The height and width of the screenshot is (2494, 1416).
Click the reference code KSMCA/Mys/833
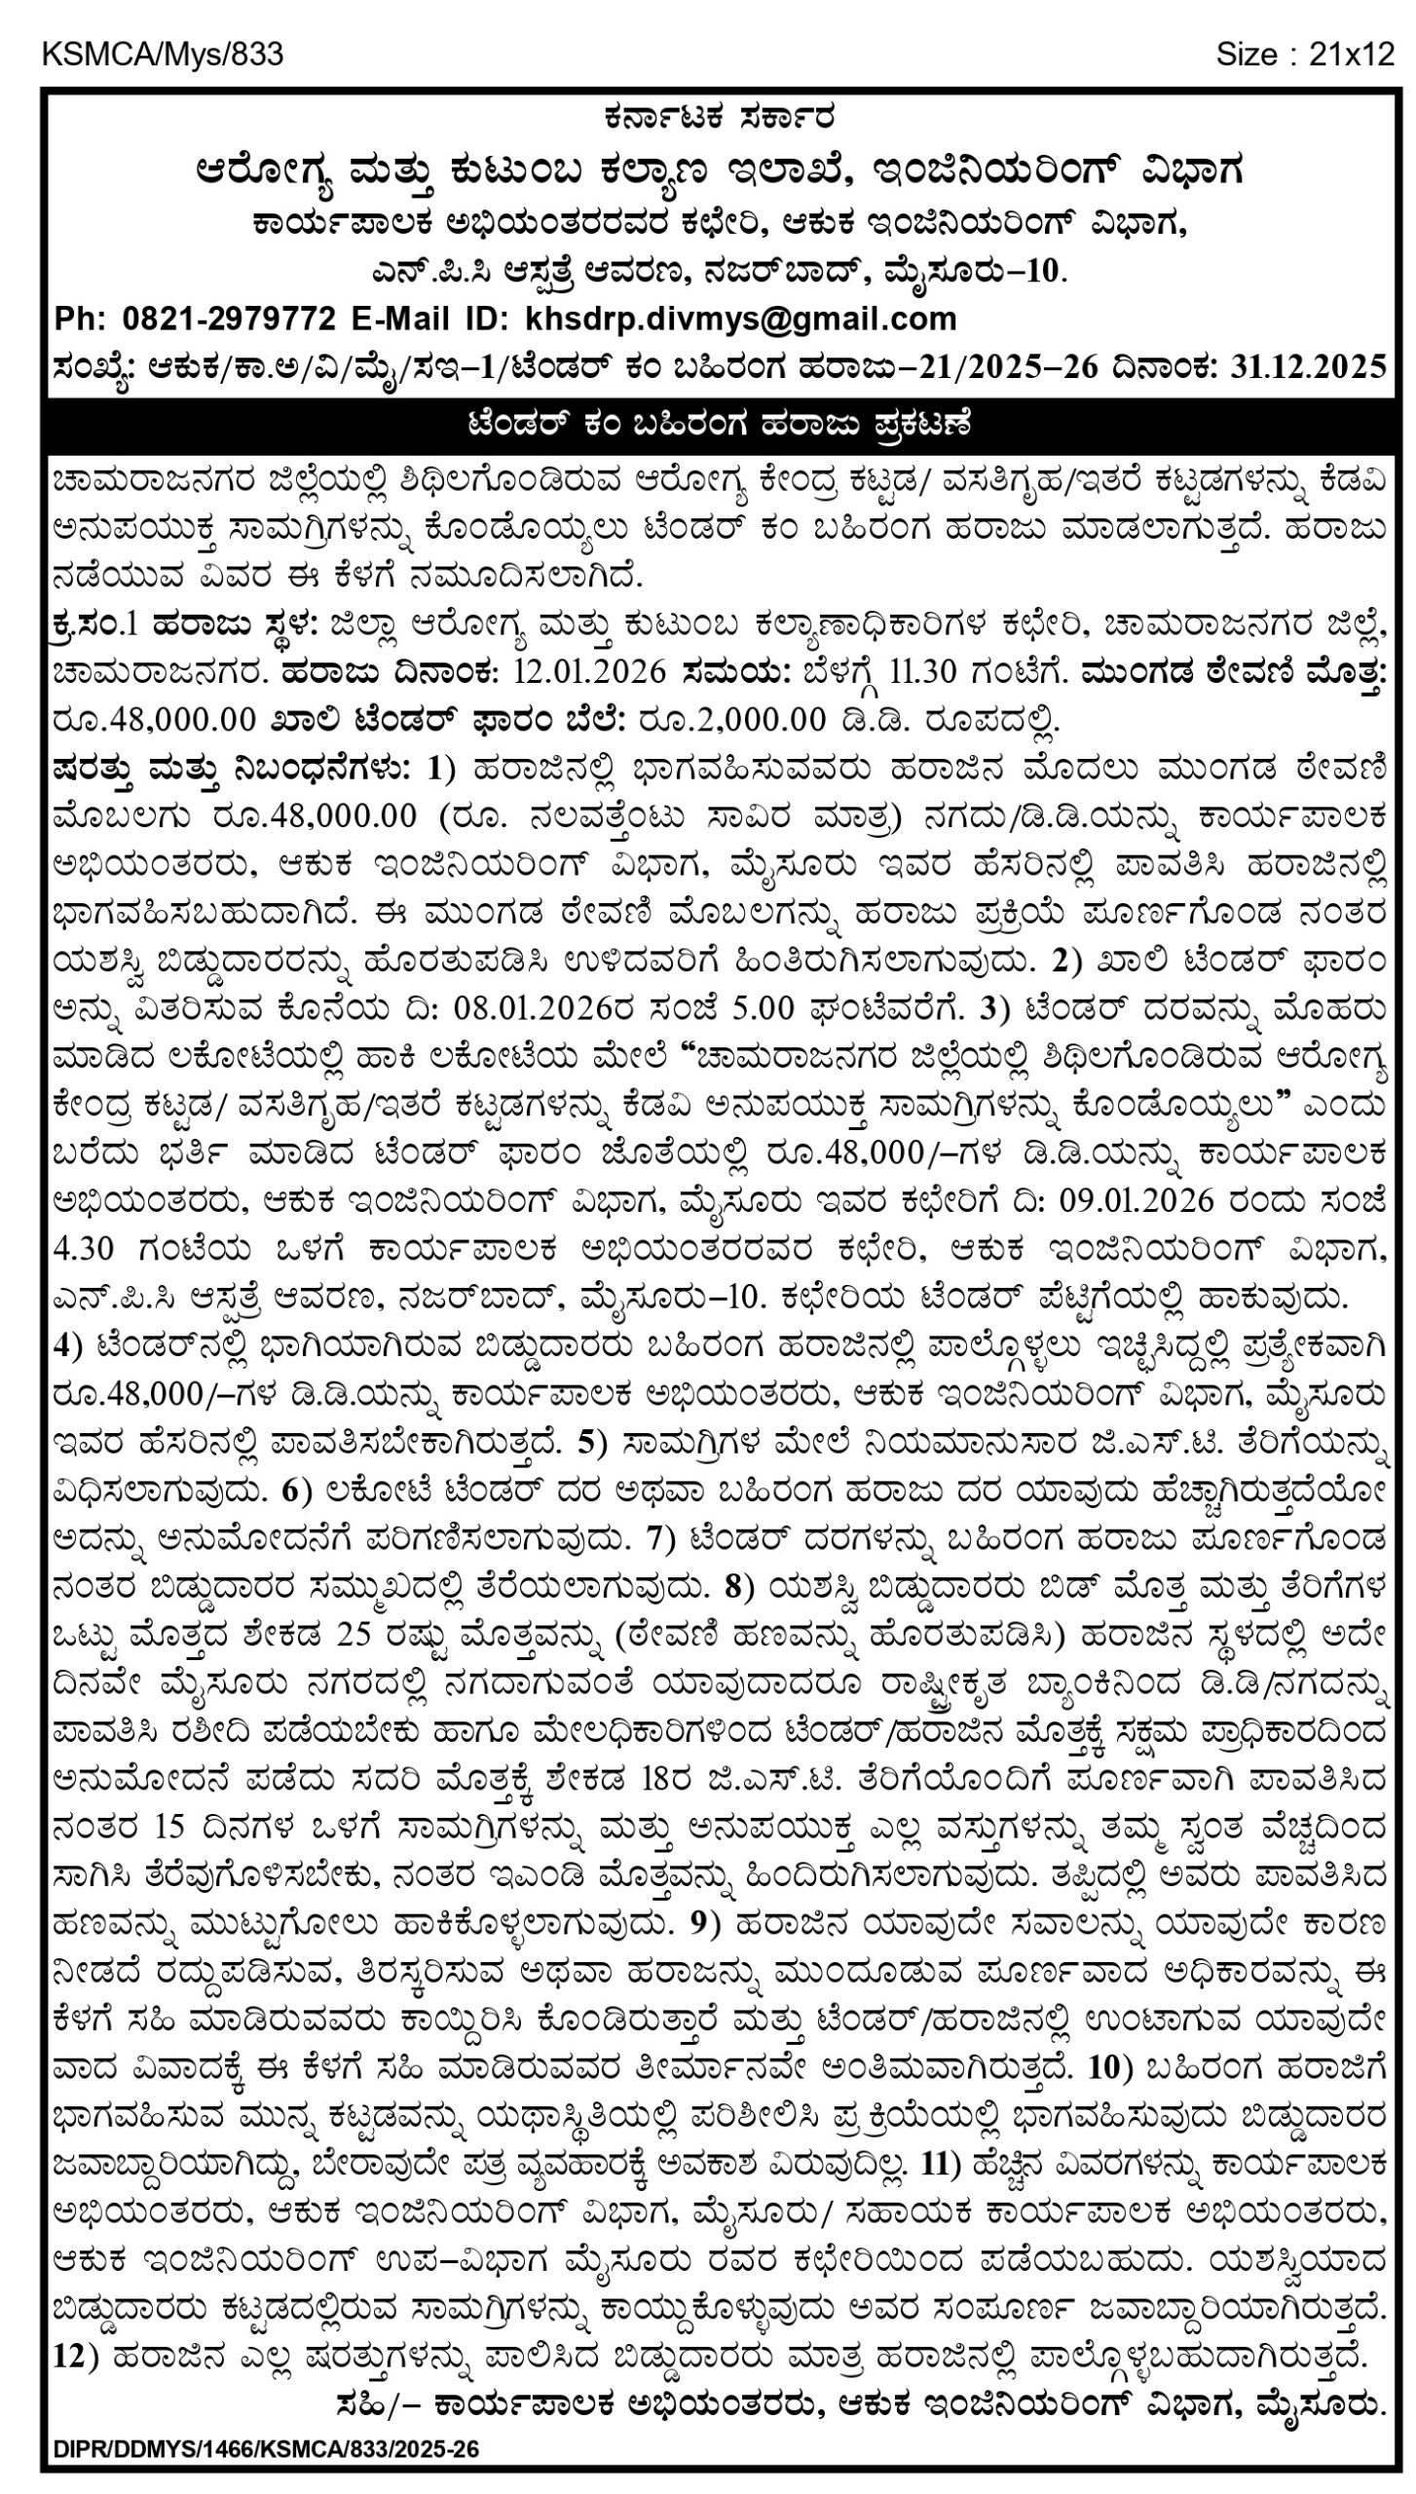(x=163, y=55)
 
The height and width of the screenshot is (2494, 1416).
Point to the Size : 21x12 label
(x=1305, y=55)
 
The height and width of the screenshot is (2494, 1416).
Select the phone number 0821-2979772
(x=229, y=319)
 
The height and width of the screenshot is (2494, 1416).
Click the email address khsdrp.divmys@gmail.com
(x=741, y=319)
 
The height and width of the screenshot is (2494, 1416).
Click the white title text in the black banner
(x=719, y=425)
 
